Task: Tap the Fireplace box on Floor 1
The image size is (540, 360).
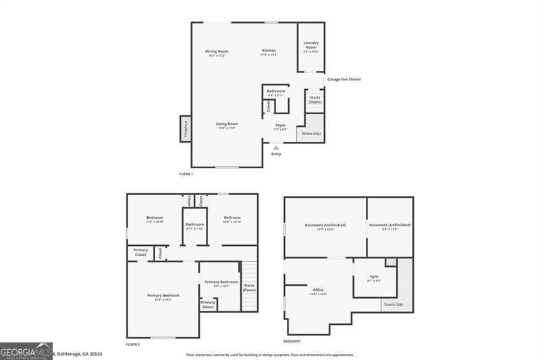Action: tap(185, 128)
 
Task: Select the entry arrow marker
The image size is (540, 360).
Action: tap(275, 147)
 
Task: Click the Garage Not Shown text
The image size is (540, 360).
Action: tap(344, 79)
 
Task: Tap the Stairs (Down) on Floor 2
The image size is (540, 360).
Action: tap(249, 288)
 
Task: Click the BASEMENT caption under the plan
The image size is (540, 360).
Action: tap(292, 341)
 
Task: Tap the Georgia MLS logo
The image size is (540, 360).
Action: tap(26, 351)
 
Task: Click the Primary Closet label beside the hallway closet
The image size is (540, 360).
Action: tap(140, 252)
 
